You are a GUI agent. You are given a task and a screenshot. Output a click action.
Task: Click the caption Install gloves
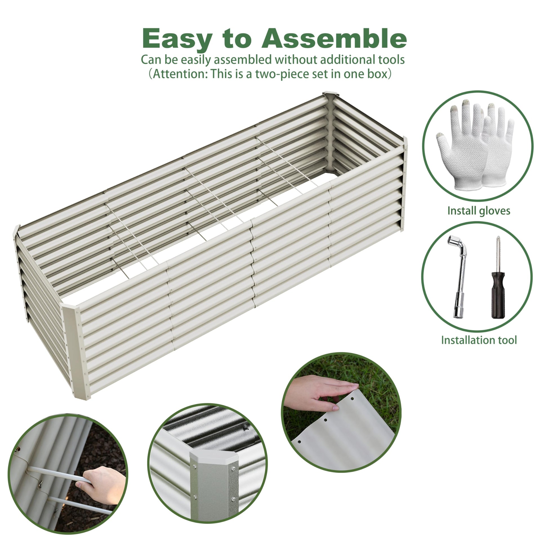coord(479,211)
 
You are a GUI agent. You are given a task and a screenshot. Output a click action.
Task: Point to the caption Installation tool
coord(479,340)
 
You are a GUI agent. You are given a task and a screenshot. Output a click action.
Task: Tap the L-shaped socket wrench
coord(459,278)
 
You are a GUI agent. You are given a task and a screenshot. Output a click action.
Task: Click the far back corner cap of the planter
coord(331,95)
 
